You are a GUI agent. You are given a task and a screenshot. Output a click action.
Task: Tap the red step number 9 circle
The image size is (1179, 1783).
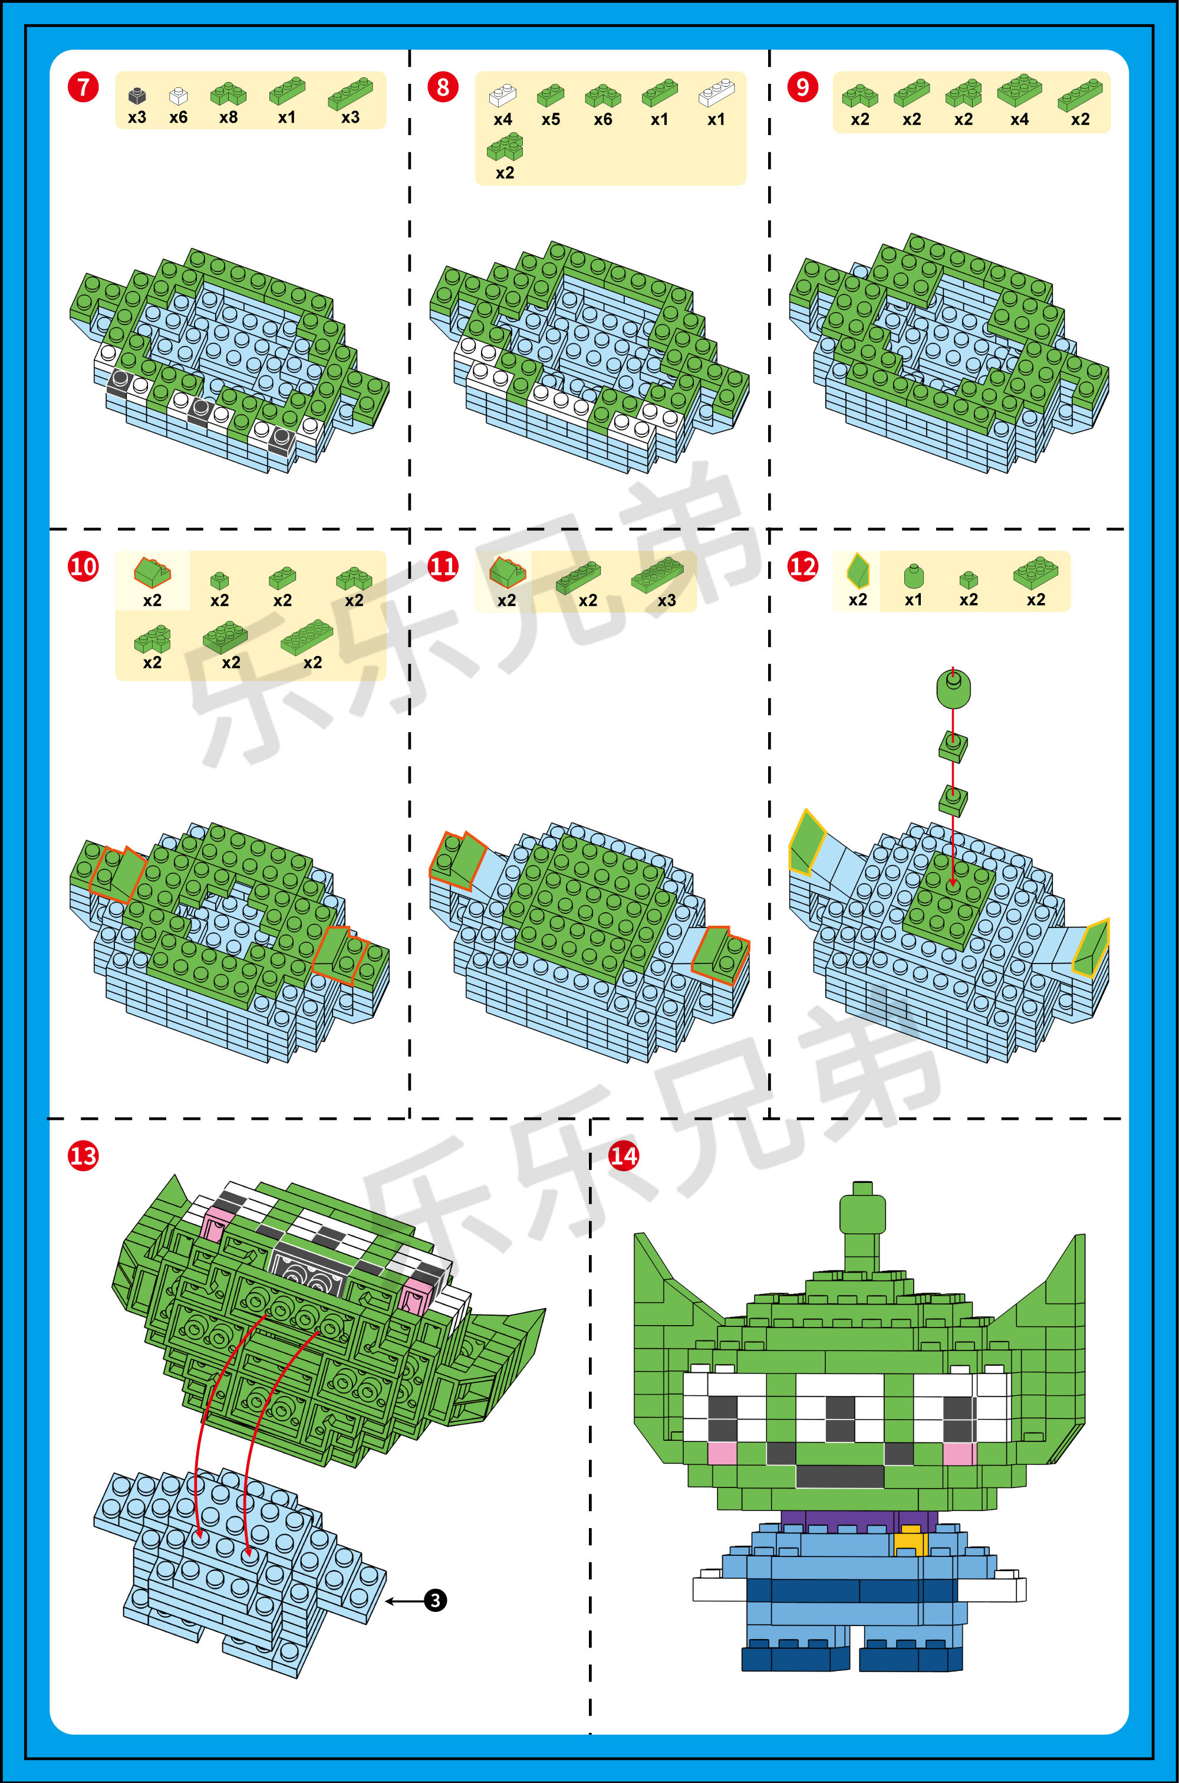click(x=802, y=87)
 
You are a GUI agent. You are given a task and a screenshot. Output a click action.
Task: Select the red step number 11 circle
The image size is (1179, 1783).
click(x=443, y=566)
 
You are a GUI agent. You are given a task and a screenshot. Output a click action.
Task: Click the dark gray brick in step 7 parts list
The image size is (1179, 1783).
click(x=137, y=96)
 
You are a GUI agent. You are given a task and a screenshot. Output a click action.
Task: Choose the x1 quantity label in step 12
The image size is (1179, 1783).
click(x=913, y=599)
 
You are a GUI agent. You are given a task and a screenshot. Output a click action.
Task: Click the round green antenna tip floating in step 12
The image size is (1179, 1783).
click(x=953, y=687)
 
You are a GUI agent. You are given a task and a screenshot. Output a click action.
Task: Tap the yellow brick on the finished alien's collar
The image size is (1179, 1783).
click(x=911, y=1539)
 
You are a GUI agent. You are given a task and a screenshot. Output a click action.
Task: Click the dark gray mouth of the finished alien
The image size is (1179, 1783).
click(x=840, y=1475)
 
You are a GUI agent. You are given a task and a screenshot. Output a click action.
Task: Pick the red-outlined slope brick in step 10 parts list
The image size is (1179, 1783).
click(x=152, y=572)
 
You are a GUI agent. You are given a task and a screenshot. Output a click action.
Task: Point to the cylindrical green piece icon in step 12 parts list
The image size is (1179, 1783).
click(x=913, y=575)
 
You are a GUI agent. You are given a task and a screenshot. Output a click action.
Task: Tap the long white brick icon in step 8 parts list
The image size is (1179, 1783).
click(x=717, y=93)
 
